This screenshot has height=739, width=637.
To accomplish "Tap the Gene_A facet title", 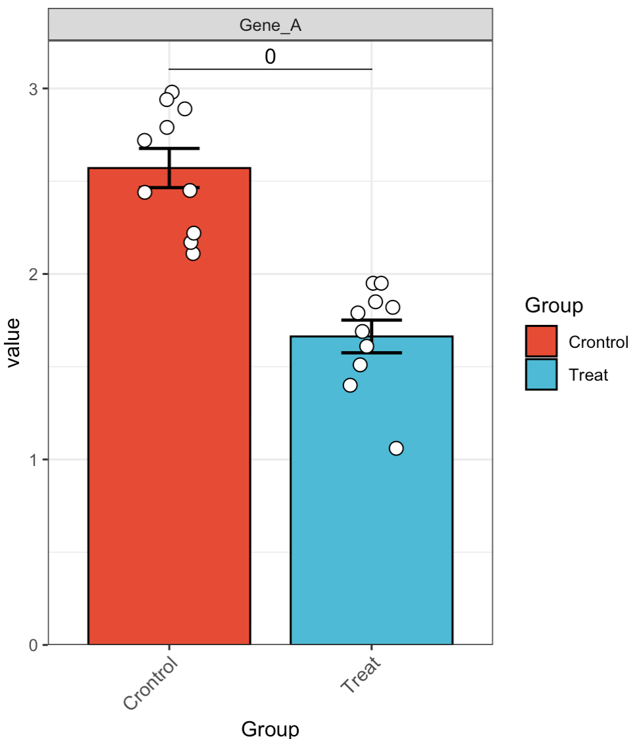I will [x=271, y=25].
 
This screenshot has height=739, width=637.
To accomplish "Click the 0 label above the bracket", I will [x=271, y=57].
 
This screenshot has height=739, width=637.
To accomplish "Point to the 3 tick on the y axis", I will [x=33, y=89].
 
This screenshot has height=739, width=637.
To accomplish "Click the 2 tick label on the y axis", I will [x=33, y=274].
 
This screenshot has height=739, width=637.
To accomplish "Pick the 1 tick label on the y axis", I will [x=33, y=459].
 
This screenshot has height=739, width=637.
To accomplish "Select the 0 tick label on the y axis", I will [x=33, y=645].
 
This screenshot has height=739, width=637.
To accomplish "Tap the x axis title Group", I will [x=271, y=728].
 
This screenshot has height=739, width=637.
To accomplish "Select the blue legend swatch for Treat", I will [x=541, y=375].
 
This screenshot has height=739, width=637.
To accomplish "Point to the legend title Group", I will [x=554, y=305].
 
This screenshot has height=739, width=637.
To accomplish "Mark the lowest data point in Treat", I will [x=396, y=448].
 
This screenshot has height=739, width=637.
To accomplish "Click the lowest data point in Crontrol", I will [x=192, y=253].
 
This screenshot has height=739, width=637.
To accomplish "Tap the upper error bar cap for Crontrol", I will [x=169, y=148].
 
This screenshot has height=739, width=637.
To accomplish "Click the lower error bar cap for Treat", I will [x=372, y=353].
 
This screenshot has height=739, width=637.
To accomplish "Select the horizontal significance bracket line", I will [x=271, y=69].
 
